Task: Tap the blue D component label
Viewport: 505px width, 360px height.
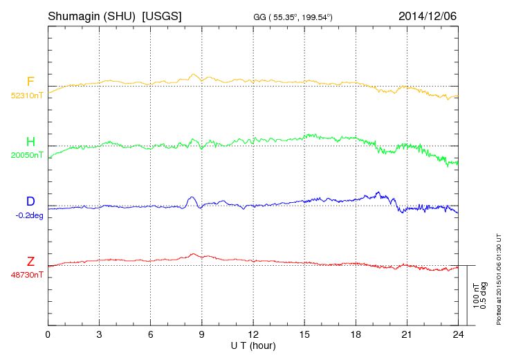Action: (30, 201)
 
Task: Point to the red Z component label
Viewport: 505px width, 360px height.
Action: (30, 261)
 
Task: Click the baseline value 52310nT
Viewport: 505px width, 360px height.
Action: (26, 96)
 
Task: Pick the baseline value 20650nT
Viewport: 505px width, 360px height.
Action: (26, 155)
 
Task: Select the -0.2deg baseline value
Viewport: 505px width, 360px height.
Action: (28, 215)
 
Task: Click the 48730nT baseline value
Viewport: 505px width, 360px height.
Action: (26, 275)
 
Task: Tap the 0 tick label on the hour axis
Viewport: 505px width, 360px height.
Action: (48, 335)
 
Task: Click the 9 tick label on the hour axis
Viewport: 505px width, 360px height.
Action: (201, 335)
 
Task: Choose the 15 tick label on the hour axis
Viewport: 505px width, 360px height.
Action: (304, 335)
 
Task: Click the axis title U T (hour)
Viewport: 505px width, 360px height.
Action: (253, 345)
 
